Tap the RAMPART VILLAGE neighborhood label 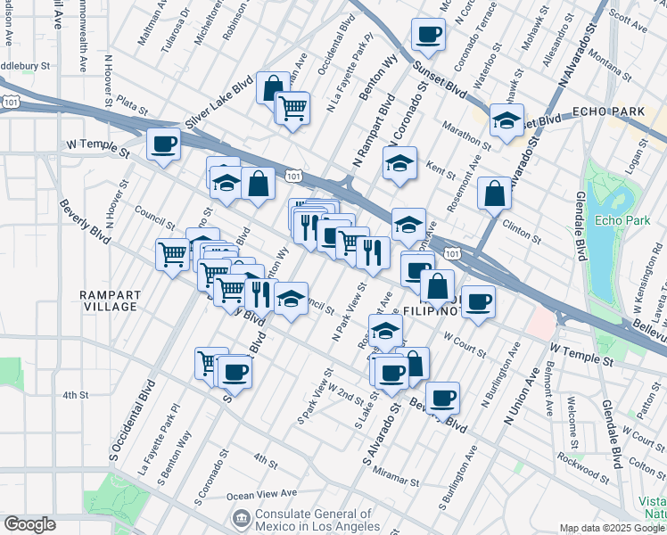(x=108, y=300)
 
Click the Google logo (x=29, y=524)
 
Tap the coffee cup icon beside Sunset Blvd (x=428, y=34)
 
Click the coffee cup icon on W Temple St (x=163, y=144)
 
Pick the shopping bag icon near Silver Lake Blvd (x=273, y=87)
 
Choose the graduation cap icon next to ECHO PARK (x=506, y=119)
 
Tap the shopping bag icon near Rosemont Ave (x=494, y=193)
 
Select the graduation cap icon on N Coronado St (x=399, y=162)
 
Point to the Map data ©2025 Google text (x=612, y=528)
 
